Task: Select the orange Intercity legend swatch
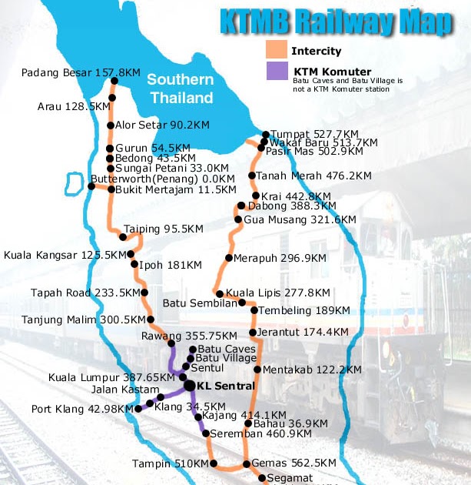[275, 51]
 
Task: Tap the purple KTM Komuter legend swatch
[275, 72]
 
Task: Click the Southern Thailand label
[181, 89]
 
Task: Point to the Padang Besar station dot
[114, 80]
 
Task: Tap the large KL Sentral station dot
[189, 385]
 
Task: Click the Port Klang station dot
[138, 410]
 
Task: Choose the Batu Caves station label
[227, 349]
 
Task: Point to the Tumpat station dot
[265, 134]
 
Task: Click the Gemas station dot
[246, 464]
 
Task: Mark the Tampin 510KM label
[169, 464]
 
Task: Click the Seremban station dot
[206, 434]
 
